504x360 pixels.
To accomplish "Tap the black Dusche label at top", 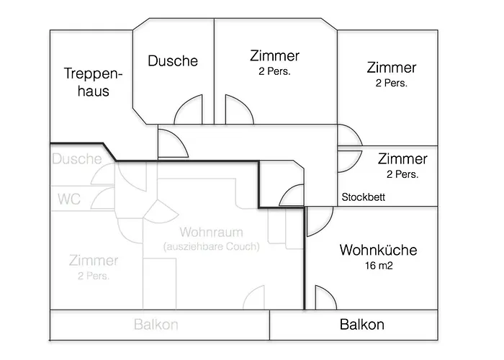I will pos(173,61).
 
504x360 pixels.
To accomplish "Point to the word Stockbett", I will pos(364,197).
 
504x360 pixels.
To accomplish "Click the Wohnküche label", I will pos(378,251).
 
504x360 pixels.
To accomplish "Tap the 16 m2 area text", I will pos(378,266).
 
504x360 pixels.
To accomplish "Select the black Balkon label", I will pos(361,325).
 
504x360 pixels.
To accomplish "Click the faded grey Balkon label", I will pos(156,325).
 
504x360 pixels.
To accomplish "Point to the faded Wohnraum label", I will pos(211,233).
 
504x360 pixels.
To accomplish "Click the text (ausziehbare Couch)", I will pos(211,246).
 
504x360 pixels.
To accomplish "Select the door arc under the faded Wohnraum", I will pos(256,298).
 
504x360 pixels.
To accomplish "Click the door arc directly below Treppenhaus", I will pos(172,142).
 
